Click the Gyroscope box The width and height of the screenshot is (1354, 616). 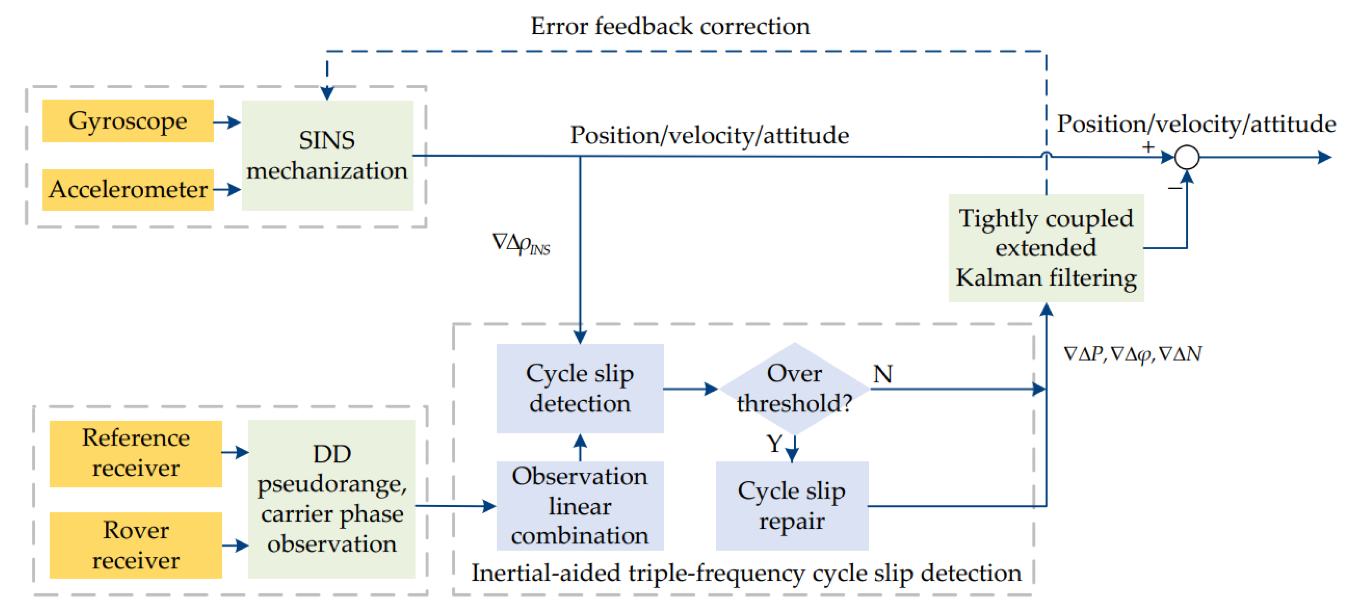pos(128,121)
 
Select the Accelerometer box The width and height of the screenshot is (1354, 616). pos(128,190)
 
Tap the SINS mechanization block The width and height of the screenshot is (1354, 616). pos(327,156)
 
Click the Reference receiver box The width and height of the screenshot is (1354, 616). pos(136,453)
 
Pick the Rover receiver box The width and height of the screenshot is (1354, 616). pos(136,545)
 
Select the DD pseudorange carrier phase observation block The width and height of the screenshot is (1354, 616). pos(331,499)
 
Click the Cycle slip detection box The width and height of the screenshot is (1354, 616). pos(580,388)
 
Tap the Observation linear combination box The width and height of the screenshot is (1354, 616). pos(580,506)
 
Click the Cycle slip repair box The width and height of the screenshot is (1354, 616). pos(791,506)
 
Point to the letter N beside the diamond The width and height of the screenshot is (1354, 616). pos(882,374)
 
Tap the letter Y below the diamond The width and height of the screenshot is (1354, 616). pos(774,444)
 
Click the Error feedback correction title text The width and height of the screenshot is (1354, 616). pos(670,26)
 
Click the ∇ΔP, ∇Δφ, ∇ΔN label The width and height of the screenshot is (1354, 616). pos(1132,354)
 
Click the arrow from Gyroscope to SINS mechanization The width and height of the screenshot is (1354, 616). pos(227,122)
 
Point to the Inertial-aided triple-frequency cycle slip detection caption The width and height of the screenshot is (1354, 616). pos(746,573)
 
